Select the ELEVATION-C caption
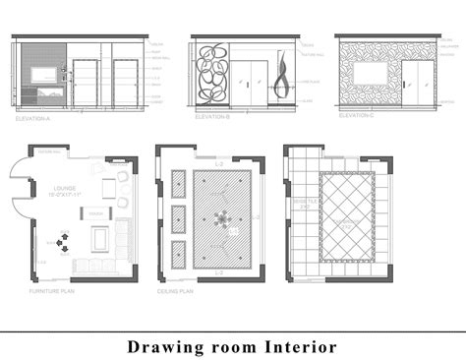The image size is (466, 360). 356,116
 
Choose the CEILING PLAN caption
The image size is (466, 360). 174,292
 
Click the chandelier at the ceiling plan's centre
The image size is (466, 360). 221,218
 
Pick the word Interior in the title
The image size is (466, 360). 302,346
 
